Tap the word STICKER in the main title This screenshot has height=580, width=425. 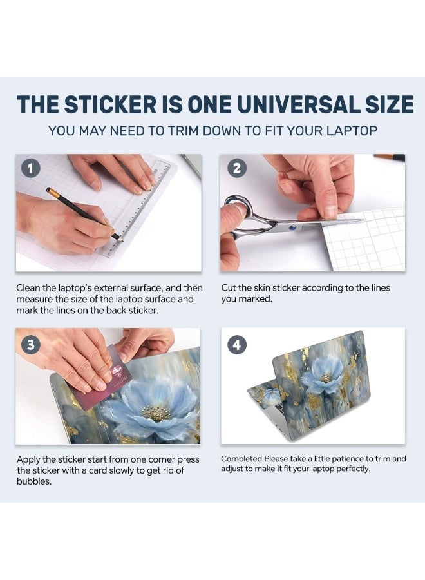(111, 104)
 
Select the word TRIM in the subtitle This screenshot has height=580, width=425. (184, 131)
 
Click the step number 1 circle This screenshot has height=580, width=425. (30, 169)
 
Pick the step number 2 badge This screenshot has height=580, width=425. (237, 168)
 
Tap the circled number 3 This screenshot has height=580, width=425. (30, 345)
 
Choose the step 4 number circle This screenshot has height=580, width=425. (237, 345)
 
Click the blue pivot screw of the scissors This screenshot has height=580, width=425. (294, 227)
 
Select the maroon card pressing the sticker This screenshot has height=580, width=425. (99, 376)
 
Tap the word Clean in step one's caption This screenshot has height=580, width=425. (28, 288)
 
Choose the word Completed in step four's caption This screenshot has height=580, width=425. (242, 459)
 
